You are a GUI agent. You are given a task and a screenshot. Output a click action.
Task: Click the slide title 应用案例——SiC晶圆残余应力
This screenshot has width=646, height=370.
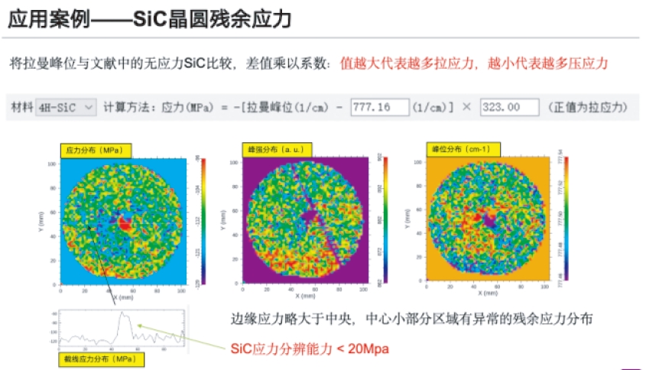[x=150, y=19]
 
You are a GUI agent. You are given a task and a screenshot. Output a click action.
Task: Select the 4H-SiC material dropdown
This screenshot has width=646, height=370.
[x=67, y=107]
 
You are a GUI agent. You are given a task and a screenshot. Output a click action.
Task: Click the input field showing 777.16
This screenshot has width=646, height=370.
[x=379, y=108]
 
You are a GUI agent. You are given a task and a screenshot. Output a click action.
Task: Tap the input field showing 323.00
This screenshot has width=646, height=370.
[x=509, y=108]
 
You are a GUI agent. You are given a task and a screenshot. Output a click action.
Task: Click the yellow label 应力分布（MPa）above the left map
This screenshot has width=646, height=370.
[x=95, y=150]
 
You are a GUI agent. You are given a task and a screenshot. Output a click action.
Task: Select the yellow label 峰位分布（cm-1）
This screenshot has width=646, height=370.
[x=462, y=149]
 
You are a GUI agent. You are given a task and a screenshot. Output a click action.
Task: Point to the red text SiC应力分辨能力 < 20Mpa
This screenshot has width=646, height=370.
[x=310, y=349]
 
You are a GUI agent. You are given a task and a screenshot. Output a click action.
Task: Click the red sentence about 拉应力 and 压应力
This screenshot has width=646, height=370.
[x=474, y=64]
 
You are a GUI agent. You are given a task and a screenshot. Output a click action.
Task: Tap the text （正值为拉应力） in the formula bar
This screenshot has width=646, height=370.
[x=589, y=108]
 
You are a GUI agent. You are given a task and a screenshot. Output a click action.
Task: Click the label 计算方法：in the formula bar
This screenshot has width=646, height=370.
[x=131, y=108]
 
